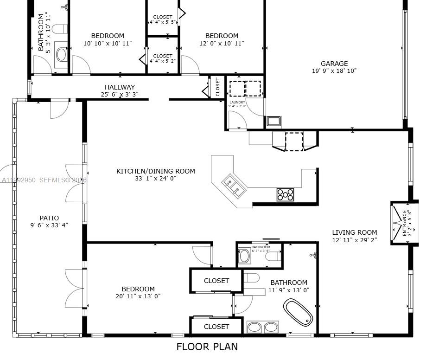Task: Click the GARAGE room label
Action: [334, 64]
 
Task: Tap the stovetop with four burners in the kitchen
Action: [286, 194]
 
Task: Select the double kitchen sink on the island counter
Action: [233, 185]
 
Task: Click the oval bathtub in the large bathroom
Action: [298, 312]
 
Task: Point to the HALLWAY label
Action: [120, 87]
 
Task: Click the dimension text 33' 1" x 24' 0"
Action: [155, 178]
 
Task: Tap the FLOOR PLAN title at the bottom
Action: [207, 347]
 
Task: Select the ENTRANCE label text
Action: [404, 223]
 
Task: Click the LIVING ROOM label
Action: [354, 232]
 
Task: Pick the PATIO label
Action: [49, 218]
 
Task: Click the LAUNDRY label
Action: [237, 102]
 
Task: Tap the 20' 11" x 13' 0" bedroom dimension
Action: [138, 296]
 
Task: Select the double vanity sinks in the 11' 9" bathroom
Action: [262, 328]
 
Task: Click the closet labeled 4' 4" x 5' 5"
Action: [162, 19]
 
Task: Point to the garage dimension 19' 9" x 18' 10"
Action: [334, 71]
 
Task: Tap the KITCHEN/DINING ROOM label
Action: [155, 171]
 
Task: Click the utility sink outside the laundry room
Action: [273, 122]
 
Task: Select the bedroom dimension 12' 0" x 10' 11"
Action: [222, 43]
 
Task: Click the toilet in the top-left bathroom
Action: [58, 29]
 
